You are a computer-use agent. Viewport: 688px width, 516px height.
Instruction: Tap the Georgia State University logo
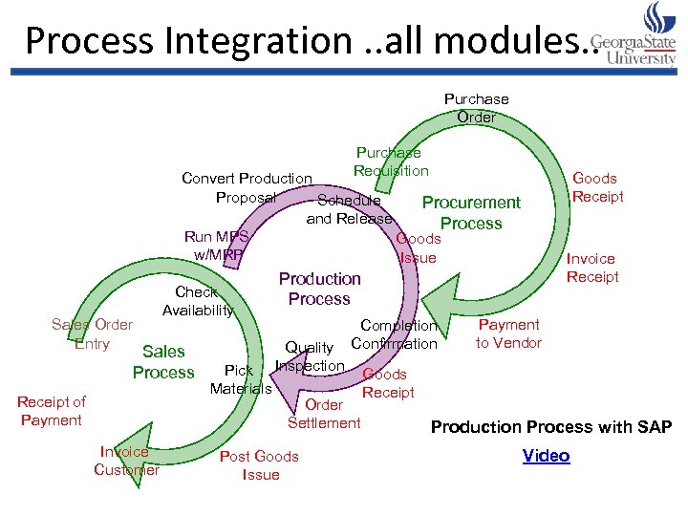[635, 35]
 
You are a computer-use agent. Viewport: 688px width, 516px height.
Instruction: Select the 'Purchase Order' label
[476, 108]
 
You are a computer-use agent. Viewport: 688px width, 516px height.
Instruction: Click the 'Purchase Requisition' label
[390, 161]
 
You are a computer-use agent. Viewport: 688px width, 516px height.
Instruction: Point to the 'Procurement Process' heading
[471, 212]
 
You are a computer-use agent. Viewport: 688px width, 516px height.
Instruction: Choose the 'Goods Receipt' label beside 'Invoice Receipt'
[595, 187]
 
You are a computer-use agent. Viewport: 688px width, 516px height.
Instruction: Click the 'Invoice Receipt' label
[592, 268]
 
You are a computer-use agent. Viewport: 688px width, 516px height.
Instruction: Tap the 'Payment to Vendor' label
[508, 333]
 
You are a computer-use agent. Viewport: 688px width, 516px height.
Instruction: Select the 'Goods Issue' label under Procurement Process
[418, 247]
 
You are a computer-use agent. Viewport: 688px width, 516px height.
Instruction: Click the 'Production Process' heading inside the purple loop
[319, 289]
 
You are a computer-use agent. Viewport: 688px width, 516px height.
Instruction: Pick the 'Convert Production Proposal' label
[247, 187]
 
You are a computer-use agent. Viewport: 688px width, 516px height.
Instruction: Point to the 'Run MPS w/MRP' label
[218, 246]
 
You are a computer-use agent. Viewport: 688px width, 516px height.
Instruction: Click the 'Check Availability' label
[197, 301]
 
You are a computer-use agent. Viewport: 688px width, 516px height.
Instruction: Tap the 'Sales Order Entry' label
[92, 334]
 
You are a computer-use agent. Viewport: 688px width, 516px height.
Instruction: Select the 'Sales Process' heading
[163, 362]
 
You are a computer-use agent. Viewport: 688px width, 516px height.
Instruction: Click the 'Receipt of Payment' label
[51, 411]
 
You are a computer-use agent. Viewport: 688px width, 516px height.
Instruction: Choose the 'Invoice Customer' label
[126, 461]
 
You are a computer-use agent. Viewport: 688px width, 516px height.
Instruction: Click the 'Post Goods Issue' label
[260, 465]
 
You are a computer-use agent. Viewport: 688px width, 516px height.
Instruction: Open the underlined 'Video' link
[546, 456]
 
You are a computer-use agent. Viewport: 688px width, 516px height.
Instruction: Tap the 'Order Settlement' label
[324, 414]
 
